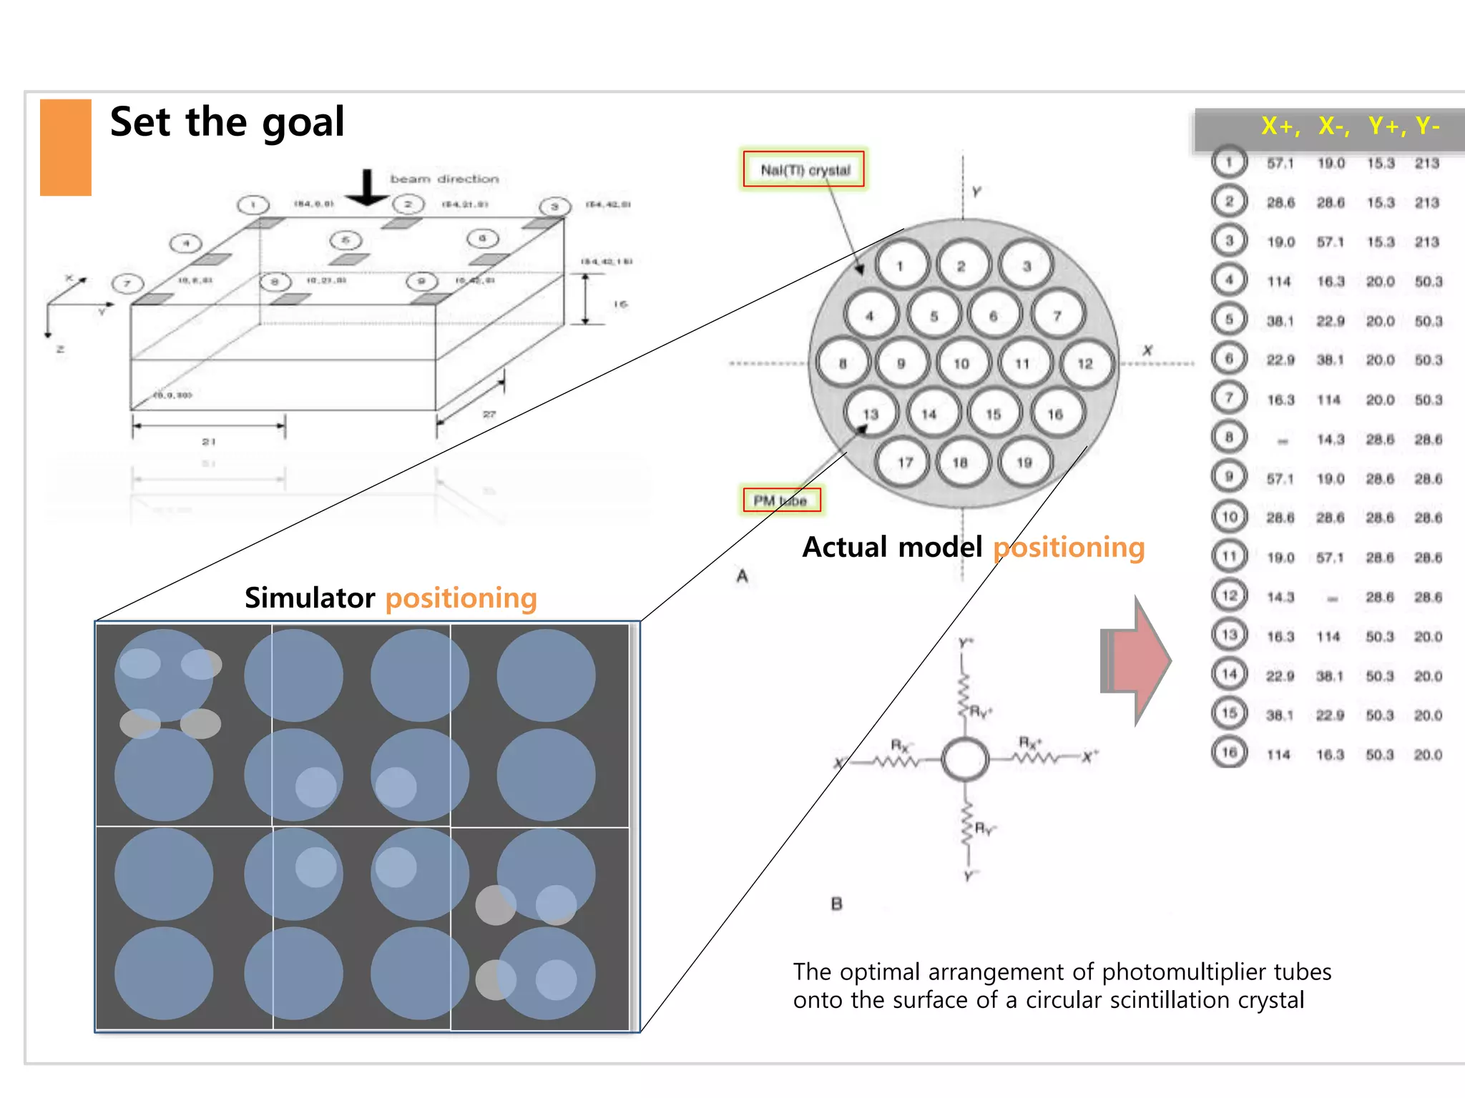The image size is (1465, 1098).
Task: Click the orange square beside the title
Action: tap(65, 147)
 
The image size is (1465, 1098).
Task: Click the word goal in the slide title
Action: tap(303, 123)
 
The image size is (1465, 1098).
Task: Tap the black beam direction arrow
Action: tap(367, 187)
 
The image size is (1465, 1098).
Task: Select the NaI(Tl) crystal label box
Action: tap(804, 169)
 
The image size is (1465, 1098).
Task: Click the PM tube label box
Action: tap(780, 500)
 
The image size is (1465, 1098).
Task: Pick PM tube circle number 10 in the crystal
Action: tap(961, 363)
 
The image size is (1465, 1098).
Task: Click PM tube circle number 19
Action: tap(1024, 463)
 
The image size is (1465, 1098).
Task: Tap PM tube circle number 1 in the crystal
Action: tap(901, 266)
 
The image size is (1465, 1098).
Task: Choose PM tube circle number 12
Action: tap(1085, 363)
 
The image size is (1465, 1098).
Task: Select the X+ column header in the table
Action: tap(1279, 127)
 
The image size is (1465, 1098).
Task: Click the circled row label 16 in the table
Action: tap(1229, 752)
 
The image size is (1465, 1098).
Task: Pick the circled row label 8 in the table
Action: tap(1229, 437)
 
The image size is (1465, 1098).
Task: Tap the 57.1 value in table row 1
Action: tap(1280, 164)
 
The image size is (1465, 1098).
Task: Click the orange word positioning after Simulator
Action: tap(461, 598)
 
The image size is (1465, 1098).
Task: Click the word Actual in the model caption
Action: tap(845, 548)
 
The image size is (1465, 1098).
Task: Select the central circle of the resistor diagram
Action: tap(965, 758)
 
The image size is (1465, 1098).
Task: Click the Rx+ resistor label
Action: tap(1030, 743)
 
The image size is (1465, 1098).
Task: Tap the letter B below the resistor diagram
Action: tap(836, 904)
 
